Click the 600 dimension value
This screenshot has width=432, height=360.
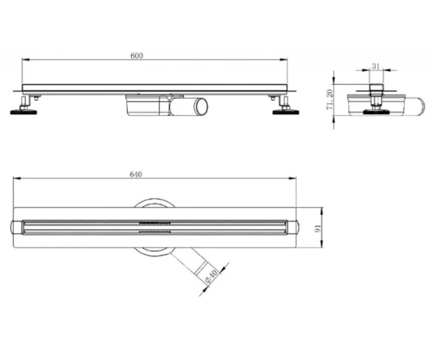pos(137,56)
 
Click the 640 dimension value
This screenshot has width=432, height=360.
pos(136,175)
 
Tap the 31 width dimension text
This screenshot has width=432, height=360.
pos(376,66)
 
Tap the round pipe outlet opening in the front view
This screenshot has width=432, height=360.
pos(201,107)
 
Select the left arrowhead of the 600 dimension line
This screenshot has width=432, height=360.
pos(25,60)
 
